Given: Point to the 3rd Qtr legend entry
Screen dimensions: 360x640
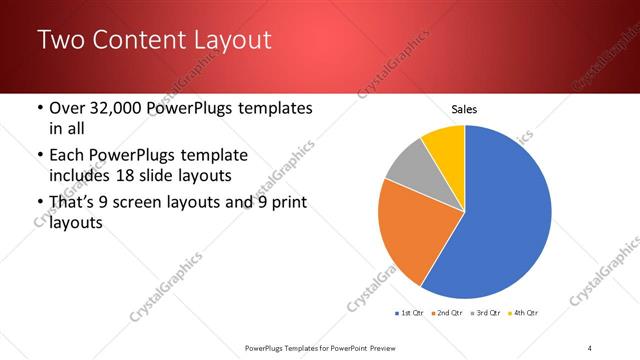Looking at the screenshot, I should (485, 314).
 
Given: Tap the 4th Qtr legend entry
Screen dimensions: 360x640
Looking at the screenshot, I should (522, 314).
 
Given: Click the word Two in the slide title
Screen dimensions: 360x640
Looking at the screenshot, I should (60, 41).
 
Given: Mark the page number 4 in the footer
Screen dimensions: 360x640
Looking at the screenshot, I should (590, 347).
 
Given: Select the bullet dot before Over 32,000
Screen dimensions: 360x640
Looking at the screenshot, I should (39, 108).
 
